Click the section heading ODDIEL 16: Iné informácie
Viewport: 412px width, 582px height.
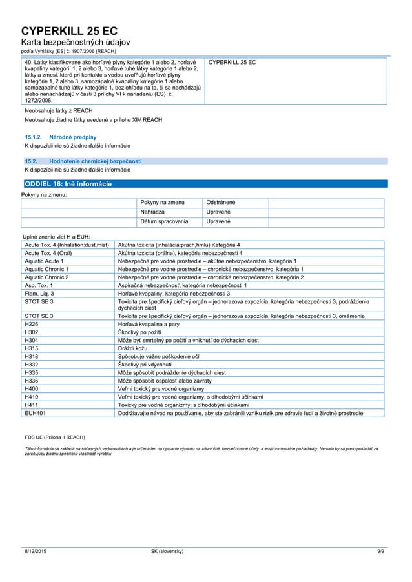[67, 184]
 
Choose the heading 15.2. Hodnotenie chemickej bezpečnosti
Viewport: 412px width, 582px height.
[83, 161]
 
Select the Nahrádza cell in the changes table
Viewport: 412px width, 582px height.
[152, 212]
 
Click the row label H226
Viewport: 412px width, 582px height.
[32, 325]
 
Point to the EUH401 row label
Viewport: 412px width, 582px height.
[35, 412]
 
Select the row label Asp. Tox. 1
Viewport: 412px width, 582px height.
[39, 285]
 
